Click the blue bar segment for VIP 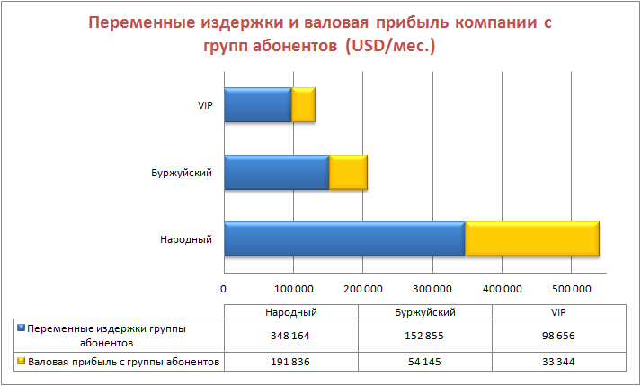click(x=257, y=105)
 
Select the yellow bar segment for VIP click(x=304, y=105)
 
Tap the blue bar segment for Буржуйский click(x=276, y=172)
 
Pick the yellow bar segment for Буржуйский click(x=348, y=172)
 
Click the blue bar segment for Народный click(x=343, y=239)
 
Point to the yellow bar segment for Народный click(x=531, y=239)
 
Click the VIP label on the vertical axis click(x=204, y=105)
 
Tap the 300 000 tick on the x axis click(x=432, y=289)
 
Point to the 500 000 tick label click(x=571, y=289)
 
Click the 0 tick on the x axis click(x=223, y=289)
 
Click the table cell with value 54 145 click(x=424, y=362)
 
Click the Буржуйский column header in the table click(x=424, y=311)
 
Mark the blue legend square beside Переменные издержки click(x=22, y=329)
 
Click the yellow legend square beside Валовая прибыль click(x=22, y=362)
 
